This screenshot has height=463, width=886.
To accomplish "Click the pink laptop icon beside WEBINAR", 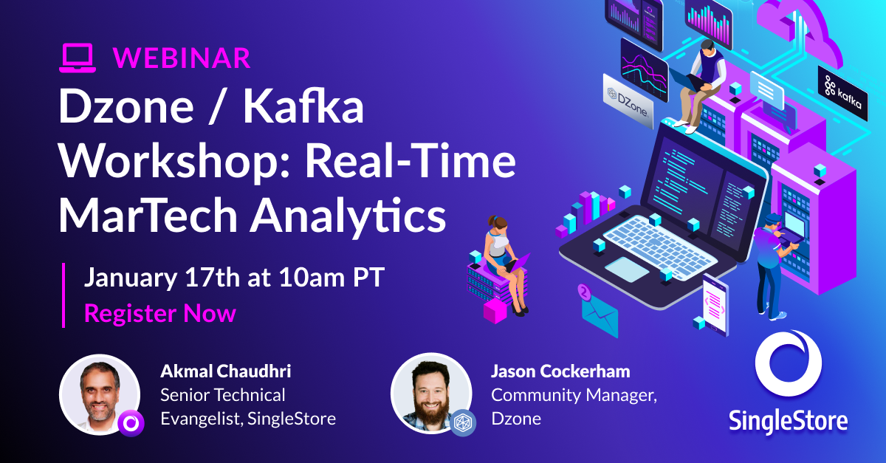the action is pos(78,58).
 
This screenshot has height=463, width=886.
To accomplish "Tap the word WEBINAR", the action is pos(182,58).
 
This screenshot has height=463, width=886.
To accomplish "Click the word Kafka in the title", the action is pos(303,106).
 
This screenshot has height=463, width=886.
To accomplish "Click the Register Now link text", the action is pos(160,313).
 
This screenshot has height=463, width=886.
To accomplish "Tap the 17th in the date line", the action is pos(213,278).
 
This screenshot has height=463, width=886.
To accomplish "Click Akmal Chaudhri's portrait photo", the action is pos(100,394).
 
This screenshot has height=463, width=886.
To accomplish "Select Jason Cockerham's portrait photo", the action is pos(431,393).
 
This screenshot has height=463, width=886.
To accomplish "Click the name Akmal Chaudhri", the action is pos(225,371).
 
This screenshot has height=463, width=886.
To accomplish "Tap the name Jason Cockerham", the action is pos(560,371).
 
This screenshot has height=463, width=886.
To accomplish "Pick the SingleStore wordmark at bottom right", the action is pos(788,421).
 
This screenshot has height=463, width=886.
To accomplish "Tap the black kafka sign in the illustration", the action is pos(842,94).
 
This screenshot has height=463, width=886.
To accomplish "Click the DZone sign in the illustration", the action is pos(628,102).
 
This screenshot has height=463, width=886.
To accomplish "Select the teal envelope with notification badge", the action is pos(600,311).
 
